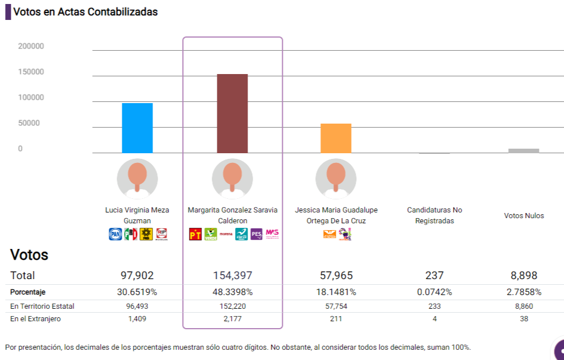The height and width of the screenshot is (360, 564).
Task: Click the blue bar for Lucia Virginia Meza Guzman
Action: pos(137,128)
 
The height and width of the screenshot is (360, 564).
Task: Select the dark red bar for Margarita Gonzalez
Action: pos(232,113)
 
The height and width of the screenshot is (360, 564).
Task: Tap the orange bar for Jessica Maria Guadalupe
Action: pos(336,138)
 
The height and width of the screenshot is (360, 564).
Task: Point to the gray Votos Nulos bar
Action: pos(524,151)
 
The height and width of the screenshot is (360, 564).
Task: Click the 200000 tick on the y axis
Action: pos(31,46)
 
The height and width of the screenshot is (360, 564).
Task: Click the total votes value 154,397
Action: pos(232,276)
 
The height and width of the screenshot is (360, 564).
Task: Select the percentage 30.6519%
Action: pos(137,292)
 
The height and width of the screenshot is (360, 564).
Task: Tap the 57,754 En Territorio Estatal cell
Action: pos(336,306)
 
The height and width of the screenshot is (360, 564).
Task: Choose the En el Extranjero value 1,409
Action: pos(137,319)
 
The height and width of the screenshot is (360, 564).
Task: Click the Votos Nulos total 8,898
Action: pos(524,276)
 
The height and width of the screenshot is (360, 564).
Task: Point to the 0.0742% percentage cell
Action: pos(434,292)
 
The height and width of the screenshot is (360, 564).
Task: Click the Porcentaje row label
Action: pos(27,292)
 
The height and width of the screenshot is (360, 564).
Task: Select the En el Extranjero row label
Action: pos(35,319)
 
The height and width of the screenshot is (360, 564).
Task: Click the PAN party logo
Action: pos(115,234)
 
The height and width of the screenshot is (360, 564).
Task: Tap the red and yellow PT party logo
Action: pos(195,234)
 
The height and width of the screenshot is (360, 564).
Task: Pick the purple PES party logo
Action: pos(256,234)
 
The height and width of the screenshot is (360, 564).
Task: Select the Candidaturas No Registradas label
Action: pos(434,215)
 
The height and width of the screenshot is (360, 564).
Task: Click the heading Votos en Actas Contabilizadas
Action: pos(85,11)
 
